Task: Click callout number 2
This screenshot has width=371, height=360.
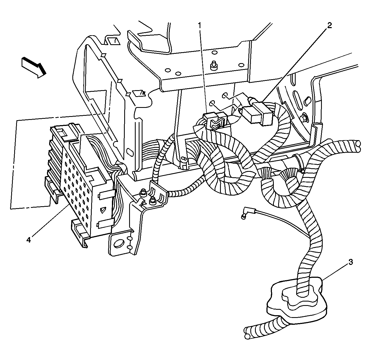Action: pos(330,25)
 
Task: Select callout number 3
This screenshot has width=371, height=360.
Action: pos(351,262)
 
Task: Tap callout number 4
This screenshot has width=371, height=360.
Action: pos(28,240)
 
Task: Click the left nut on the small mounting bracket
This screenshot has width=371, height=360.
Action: pos(143,194)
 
